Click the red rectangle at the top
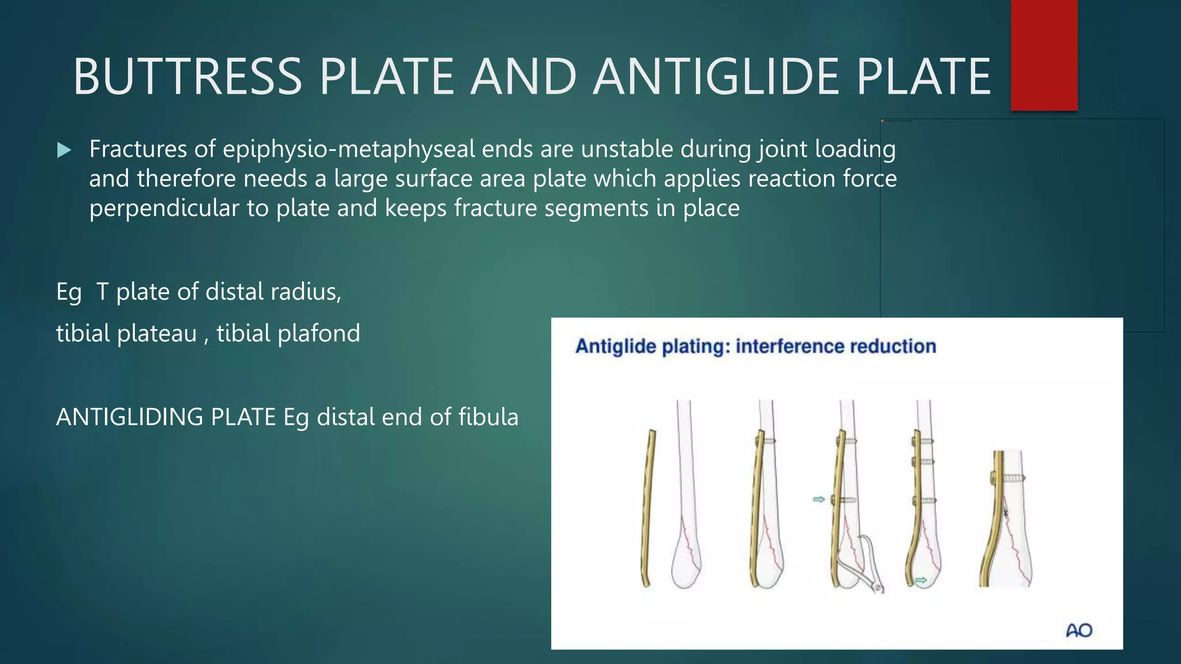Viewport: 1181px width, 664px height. coord(1044,55)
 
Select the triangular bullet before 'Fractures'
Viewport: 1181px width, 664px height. coord(64,150)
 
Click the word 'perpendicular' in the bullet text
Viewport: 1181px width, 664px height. coord(164,208)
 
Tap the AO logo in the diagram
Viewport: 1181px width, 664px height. coord(1079,630)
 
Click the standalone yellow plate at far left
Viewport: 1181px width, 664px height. coord(648,507)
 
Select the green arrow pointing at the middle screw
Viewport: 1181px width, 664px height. coord(819,499)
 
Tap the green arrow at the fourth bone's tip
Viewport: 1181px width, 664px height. coord(921,580)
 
